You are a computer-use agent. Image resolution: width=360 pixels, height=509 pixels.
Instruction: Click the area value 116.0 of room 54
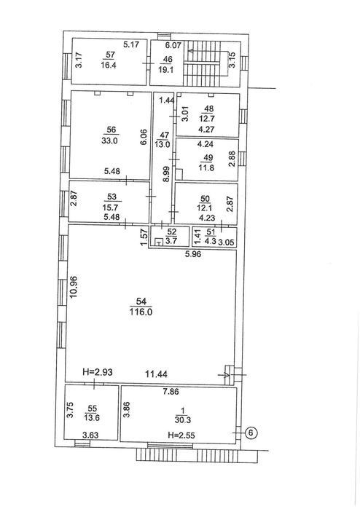click(x=141, y=312)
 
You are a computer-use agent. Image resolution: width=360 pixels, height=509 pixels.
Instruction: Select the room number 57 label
click(x=111, y=55)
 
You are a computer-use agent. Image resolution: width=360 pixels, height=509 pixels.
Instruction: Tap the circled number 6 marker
click(x=251, y=433)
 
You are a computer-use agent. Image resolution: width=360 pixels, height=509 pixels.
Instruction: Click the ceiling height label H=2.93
click(x=98, y=372)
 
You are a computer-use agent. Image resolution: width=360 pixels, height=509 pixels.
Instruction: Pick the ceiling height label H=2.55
click(x=181, y=435)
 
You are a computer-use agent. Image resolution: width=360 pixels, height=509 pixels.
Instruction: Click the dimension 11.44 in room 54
click(x=156, y=374)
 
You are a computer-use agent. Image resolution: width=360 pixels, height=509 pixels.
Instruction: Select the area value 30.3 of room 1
click(x=183, y=420)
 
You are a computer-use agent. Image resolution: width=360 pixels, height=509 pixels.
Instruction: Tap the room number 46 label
click(x=168, y=60)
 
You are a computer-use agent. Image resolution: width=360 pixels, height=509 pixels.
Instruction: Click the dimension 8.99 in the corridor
click(x=166, y=174)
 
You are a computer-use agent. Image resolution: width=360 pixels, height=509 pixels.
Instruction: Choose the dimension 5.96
click(x=193, y=254)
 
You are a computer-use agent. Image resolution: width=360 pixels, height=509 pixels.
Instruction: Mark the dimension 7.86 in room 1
click(x=171, y=392)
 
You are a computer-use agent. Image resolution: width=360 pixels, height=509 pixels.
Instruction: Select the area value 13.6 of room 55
click(x=92, y=418)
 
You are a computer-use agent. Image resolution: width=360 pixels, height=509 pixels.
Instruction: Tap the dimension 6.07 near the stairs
click(x=173, y=46)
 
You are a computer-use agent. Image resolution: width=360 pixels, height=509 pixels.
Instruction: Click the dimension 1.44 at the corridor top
click(x=167, y=100)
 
